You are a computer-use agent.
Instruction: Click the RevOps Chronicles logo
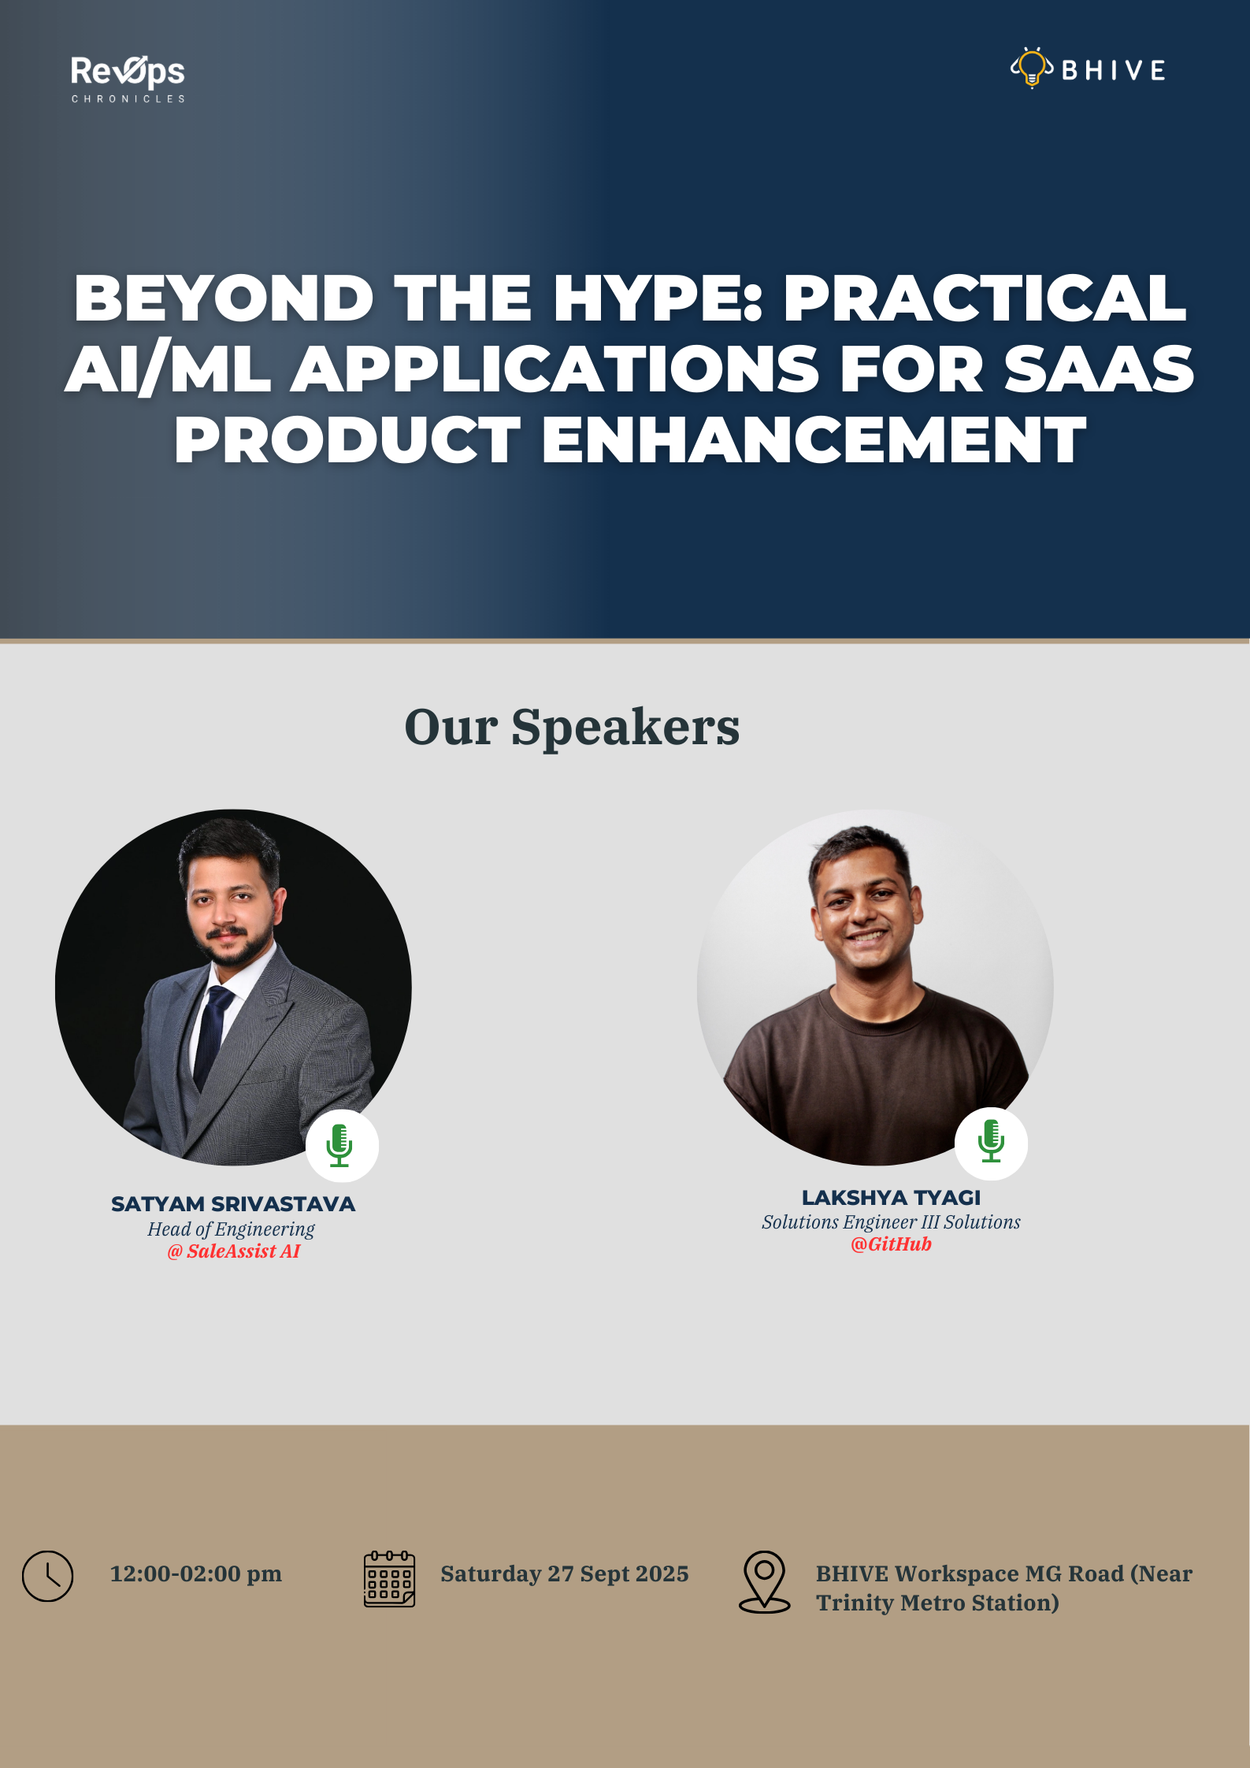tap(128, 79)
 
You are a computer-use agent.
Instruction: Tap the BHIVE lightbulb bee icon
tap(1032, 68)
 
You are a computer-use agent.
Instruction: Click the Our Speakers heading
tap(572, 726)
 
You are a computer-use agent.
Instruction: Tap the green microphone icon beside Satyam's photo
tap(340, 1145)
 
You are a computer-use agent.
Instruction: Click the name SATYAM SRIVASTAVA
tap(233, 1204)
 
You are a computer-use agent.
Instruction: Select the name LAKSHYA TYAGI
tap(891, 1197)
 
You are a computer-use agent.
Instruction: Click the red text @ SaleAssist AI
tap(233, 1251)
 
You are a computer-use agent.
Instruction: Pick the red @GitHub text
tap(891, 1244)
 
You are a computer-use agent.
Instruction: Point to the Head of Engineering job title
tap(231, 1229)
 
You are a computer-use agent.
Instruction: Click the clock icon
tap(47, 1576)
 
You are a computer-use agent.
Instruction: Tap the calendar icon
tap(389, 1579)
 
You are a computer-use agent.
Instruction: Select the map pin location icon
tap(764, 1581)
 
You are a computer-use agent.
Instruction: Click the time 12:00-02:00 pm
tap(195, 1573)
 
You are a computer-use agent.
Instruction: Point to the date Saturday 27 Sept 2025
tap(565, 1573)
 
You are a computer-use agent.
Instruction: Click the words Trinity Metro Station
tap(937, 1603)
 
